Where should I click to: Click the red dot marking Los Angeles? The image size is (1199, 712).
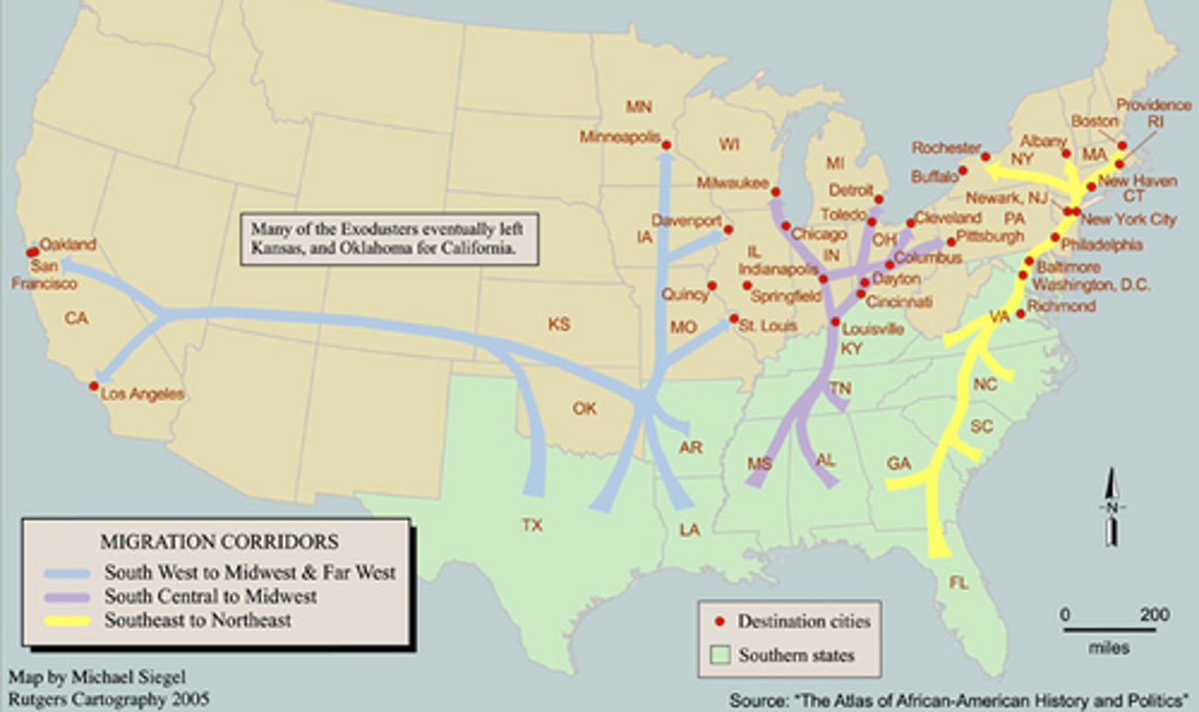[94, 386]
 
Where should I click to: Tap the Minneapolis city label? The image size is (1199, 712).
[619, 137]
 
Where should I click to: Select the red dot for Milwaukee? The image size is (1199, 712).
[775, 191]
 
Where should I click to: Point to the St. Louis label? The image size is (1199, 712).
[768, 326]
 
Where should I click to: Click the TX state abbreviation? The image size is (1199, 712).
[532, 525]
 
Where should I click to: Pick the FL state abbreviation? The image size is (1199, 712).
[958, 583]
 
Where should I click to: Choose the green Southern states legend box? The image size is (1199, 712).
[720, 655]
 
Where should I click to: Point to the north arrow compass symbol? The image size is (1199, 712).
[1112, 507]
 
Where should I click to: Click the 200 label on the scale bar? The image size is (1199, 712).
[1154, 615]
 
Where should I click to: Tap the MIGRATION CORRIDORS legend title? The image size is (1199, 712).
[219, 542]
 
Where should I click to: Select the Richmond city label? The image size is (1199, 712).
[1061, 306]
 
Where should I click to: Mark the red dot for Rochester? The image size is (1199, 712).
[985, 157]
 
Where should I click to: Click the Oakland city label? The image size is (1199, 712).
[67, 245]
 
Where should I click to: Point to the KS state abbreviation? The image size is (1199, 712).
[559, 324]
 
